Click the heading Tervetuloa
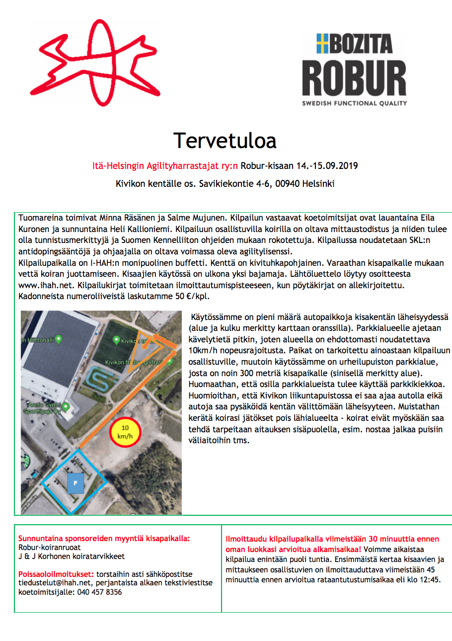225,141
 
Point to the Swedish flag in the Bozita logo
323,44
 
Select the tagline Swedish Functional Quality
354,103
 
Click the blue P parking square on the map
75,482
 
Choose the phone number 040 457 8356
99,592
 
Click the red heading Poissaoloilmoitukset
56,573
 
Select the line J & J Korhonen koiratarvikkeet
71,557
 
